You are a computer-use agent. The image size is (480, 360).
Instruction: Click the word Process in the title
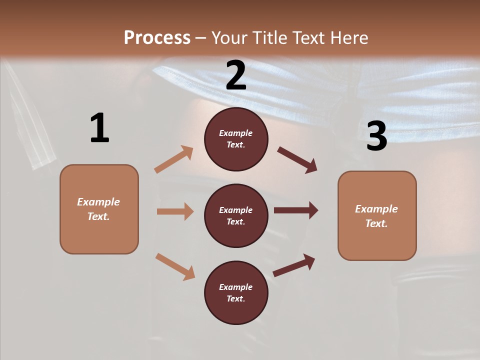coord(157,37)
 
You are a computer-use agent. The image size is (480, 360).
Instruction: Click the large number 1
coord(99,128)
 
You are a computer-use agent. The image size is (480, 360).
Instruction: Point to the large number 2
coord(236,75)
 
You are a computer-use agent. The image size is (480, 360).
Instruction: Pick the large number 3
coord(377,136)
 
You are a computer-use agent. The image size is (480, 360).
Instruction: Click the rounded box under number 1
coord(99,209)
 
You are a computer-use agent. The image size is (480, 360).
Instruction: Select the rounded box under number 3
coord(377,216)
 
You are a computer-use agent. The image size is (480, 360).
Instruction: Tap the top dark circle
coord(236,139)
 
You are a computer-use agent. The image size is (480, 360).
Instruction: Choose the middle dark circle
coord(236,215)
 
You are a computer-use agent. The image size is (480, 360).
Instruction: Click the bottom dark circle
coord(236,292)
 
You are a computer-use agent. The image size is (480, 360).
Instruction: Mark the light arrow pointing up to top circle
coord(174,159)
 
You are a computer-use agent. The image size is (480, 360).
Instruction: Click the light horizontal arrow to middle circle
coord(175,211)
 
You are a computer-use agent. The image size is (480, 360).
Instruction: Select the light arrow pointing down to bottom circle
coord(175,266)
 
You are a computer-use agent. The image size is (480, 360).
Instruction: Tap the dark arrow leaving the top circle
coord(297,160)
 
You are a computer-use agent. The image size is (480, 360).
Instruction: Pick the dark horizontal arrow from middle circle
coord(296,210)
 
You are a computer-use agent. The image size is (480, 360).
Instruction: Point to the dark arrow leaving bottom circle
coord(294,265)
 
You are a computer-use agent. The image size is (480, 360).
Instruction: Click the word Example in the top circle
coord(236,133)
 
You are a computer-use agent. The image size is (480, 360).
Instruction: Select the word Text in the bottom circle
coord(235,298)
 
